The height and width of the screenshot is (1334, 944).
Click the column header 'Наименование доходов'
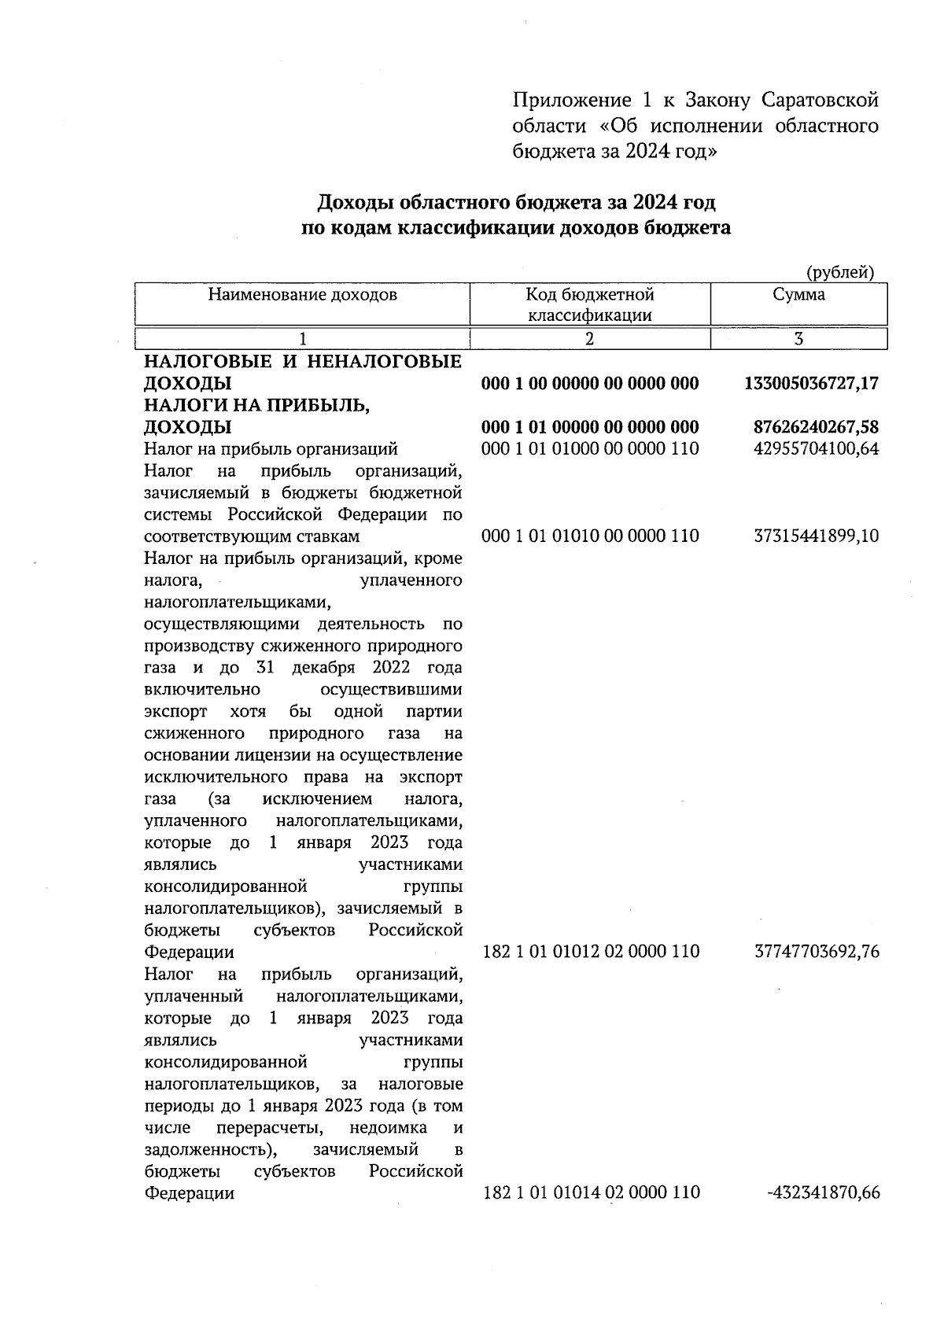coord(302,295)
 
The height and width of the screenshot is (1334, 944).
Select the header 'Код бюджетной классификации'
coord(590,305)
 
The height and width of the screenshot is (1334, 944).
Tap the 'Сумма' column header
coord(798,295)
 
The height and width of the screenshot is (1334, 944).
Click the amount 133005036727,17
coord(811,384)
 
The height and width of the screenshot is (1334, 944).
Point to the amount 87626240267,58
coord(816,427)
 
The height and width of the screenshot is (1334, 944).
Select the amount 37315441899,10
coord(816,536)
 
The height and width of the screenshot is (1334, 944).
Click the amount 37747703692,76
coord(816,952)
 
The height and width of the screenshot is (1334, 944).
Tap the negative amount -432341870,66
coord(823,1193)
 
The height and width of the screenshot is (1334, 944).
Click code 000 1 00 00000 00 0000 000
coord(590,384)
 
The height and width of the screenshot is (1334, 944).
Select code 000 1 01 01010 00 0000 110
coord(590,536)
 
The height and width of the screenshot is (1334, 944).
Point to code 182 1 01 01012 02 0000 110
coord(590,952)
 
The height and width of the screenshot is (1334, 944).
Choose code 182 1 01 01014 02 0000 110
coord(590,1193)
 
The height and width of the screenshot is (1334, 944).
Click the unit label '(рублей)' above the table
coord(841,273)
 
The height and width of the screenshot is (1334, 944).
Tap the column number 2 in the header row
coord(589,339)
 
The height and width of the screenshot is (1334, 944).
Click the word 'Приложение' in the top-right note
coord(572,101)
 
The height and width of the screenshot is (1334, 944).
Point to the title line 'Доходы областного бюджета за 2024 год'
coord(516,203)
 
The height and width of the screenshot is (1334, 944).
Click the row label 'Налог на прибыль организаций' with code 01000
coord(271,449)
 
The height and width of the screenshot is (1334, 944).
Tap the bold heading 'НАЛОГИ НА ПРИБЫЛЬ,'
coord(256,406)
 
